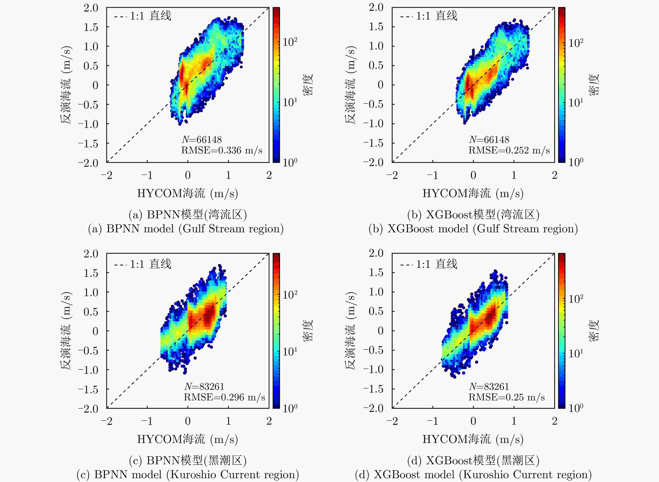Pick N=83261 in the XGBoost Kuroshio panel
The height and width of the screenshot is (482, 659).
tap(489, 387)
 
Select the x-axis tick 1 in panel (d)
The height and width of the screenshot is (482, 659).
tap(514, 421)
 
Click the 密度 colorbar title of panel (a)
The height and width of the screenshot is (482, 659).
tap(308, 85)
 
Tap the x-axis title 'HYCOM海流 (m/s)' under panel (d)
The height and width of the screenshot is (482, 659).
tap(473, 439)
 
